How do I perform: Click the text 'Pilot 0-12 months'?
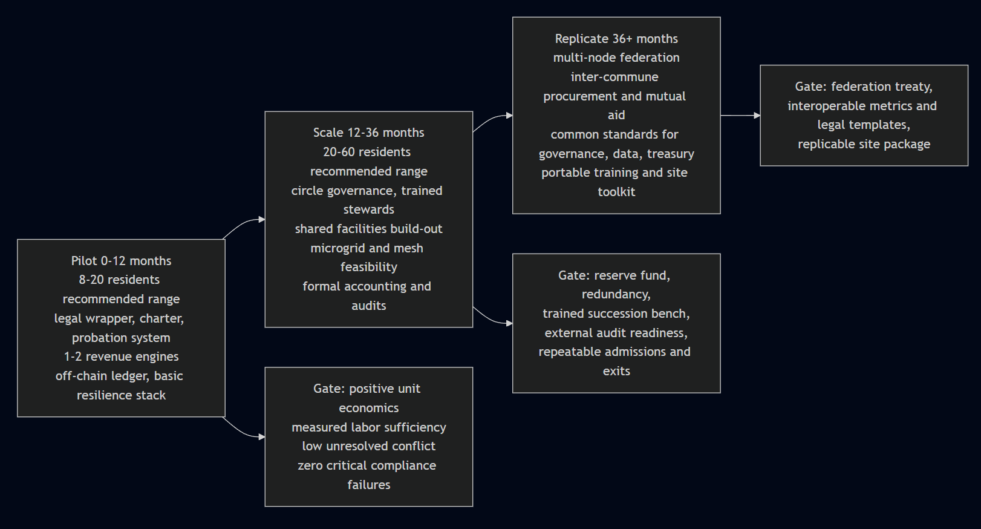pos(121,261)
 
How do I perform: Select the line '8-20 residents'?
pos(119,280)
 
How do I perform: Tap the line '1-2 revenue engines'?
pos(121,356)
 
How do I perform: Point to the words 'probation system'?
pos(121,338)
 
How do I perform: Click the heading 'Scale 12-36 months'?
pos(368,133)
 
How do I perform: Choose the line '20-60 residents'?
pos(367,152)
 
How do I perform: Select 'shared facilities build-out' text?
pos(368,229)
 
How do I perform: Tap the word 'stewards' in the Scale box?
pos(368,209)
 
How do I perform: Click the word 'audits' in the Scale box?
pos(368,306)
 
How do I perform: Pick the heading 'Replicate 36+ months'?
pos(616,39)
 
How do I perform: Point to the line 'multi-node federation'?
pos(616,57)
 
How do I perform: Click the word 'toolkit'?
pos(616,192)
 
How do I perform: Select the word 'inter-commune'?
pos(614,77)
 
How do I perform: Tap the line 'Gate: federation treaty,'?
pos(864,87)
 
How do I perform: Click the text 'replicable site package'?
pos(864,144)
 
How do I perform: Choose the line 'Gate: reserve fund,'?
pos(614,275)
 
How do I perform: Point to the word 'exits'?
pos(616,371)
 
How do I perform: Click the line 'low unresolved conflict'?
pos(368,446)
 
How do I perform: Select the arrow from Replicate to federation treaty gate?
pos(740,115)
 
